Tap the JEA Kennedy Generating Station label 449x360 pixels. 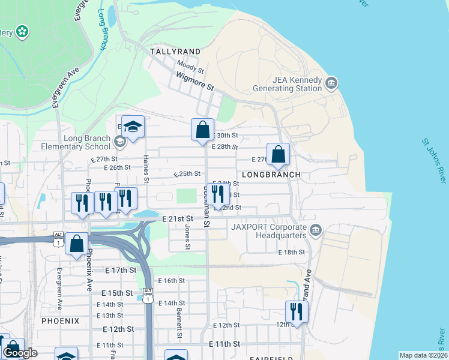point(288,83)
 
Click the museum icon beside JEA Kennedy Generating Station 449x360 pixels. point(331,82)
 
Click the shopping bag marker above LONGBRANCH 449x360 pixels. point(279,154)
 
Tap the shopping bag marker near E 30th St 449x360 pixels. point(203,129)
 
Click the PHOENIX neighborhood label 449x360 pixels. point(60,321)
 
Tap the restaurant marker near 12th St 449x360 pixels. point(297,311)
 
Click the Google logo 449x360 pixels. point(20,353)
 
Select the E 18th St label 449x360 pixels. point(292,253)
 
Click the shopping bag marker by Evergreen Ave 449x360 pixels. point(76,244)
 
